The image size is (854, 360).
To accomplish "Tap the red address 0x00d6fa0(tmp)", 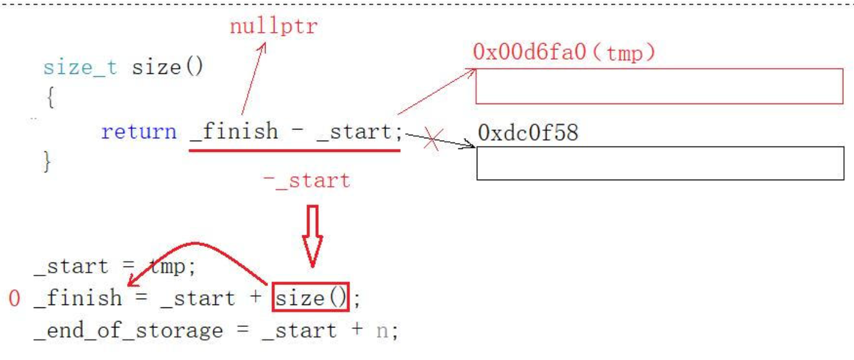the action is point(564,53).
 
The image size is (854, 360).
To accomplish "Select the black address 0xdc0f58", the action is point(528,133).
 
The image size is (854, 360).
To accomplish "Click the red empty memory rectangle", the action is point(659,86).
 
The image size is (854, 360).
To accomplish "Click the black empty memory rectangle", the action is point(660,163).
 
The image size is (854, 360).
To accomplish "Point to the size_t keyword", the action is point(80,67).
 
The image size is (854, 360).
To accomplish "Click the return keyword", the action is point(138,131).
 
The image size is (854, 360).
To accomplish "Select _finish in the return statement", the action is point(234,131).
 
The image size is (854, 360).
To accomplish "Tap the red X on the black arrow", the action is point(432,141).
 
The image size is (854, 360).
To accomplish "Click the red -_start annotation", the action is point(306,180).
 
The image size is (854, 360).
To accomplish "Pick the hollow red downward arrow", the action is point(312,235).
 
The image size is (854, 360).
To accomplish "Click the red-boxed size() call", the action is point(310,297).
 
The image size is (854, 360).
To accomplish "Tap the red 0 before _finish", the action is point(14,299).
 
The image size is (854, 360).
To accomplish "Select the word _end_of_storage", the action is point(128,330).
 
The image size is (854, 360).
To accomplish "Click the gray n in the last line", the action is point(382,330).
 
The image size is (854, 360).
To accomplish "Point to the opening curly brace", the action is point(50,98).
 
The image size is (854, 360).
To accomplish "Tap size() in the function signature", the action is point(167,67).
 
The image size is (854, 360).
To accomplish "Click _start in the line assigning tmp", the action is point(71,267).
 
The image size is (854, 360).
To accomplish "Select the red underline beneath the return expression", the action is point(294,150).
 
